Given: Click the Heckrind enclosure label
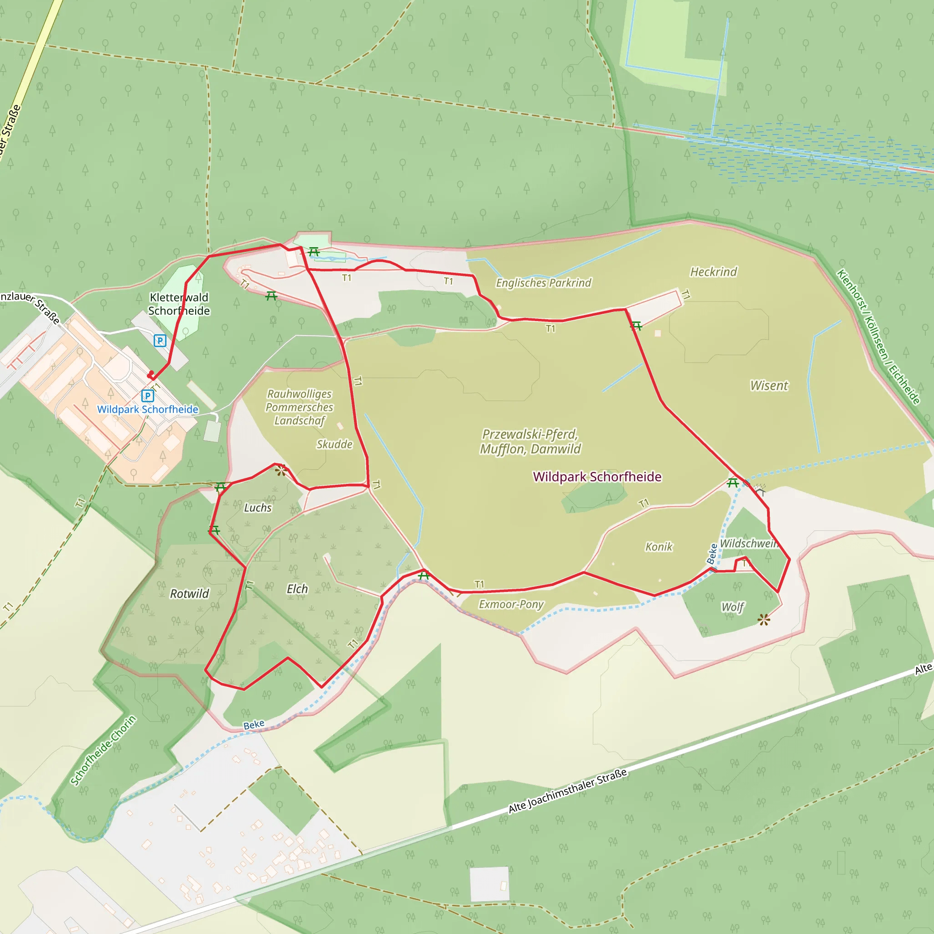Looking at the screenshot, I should [x=713, y=272].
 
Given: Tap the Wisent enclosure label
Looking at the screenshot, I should [x=768, y=386].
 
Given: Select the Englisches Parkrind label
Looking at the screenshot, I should [x=543, y=283].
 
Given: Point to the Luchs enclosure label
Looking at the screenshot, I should [x=258, y=508].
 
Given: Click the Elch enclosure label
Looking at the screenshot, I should [x=297, y=589].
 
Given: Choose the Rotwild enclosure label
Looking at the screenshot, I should [x=190, y=594].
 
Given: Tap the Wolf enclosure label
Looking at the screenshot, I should [x=732, y=607].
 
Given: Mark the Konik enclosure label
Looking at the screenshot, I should [x=659, y=547].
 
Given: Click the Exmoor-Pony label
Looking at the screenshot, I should [x=511, y=604].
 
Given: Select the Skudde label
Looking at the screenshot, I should [x=335, y=444].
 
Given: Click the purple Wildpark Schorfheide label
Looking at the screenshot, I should [x=597, y=477].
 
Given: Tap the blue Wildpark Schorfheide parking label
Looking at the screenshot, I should [x=147, y=410].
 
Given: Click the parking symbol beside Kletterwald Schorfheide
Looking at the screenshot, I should [x=160, y=341].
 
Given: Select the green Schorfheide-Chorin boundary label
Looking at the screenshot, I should [x=104, y=750].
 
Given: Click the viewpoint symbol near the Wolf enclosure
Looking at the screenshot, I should [x=764, y=619].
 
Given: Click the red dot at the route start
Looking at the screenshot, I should [x=151, y=373].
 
